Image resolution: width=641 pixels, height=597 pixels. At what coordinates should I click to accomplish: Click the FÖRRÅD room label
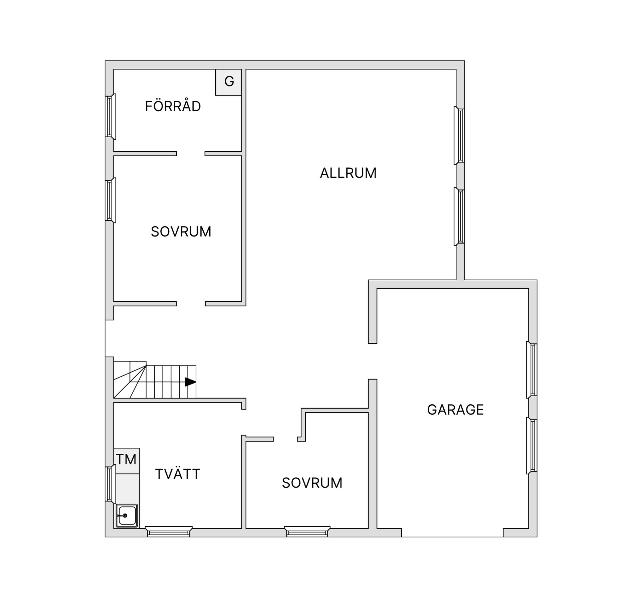pos(173,106)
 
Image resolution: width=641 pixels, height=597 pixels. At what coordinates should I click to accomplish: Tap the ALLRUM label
pos(348,173)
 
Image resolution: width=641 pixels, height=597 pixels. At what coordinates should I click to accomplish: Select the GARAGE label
pos(455,410)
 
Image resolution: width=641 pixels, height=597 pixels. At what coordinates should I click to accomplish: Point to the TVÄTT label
pos(178,474)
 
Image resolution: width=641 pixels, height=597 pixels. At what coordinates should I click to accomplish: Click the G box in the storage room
pos(229,82)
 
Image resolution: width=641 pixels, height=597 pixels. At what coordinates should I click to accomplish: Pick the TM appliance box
pos(126,460)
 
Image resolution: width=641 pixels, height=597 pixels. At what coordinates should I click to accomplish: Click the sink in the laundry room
pos(127,515)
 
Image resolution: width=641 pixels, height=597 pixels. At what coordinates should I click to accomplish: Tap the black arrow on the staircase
pos(190,382)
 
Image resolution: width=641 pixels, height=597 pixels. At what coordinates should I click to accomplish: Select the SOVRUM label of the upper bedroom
pos(181,232)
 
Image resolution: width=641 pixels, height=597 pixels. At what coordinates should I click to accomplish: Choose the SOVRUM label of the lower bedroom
pos(312,483)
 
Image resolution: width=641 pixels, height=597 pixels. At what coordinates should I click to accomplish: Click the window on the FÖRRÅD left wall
pos(110,116)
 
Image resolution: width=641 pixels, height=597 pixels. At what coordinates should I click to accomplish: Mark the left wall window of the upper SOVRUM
pos(110,200)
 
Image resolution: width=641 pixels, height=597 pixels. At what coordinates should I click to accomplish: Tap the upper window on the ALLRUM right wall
pos(460,135)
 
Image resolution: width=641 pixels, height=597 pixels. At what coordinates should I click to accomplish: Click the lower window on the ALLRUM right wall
pos(460,216)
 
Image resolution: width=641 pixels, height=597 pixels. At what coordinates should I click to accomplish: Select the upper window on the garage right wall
pos(532,370)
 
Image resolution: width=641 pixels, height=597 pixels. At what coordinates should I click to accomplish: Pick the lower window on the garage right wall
pos(532,445)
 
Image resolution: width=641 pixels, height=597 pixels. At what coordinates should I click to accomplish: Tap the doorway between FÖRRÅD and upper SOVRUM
pos(191,154)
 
